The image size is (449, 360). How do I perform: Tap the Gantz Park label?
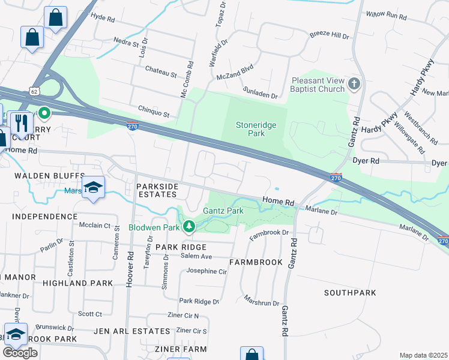tap(223, 211)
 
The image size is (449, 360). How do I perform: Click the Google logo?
tap(20, 353)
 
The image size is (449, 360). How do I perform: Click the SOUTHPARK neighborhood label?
tap(350, 293)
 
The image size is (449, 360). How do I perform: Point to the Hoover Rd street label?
tap(130, 268)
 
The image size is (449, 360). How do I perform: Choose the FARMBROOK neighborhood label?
tap(256, 263)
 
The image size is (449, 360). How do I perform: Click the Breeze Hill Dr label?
tap(330, 36)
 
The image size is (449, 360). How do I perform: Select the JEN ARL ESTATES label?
tap(132, 331)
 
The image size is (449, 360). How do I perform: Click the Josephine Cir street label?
tap(206, 271)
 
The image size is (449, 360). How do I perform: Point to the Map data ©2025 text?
tap(424, 355)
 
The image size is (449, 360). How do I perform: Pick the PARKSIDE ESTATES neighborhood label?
tap(157, 191)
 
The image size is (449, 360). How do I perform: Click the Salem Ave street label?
tap(197, 256)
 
